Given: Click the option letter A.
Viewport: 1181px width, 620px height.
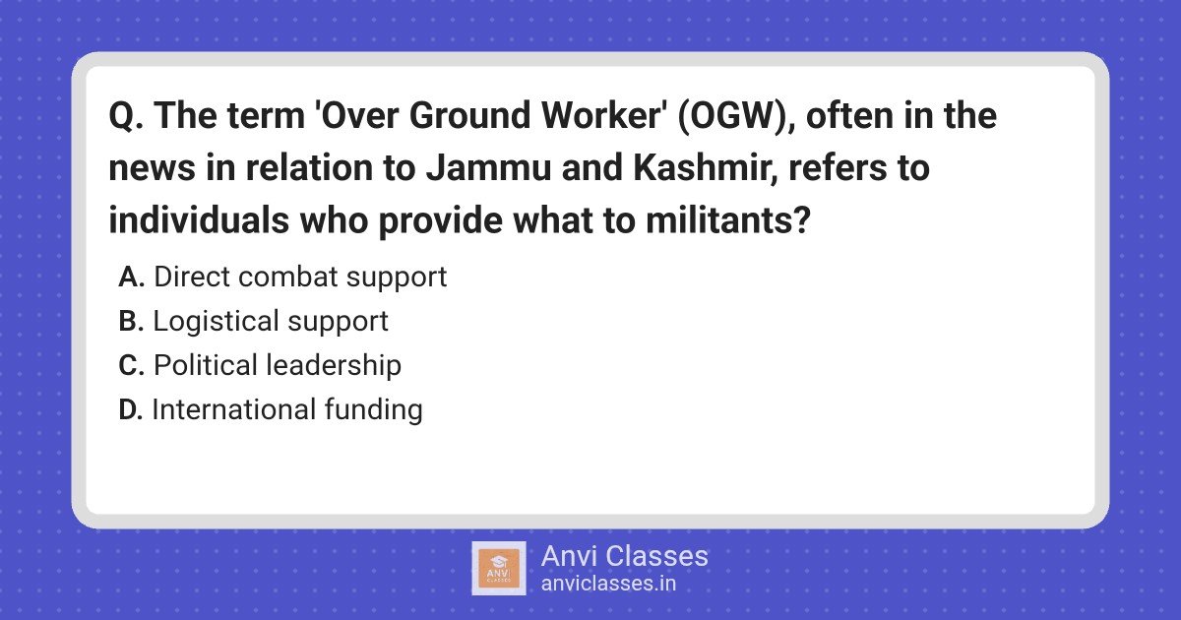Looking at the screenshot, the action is pyautogui.click(x=131, y=277).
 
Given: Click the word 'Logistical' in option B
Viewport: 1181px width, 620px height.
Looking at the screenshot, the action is pyautogui.click(x=216, y=322).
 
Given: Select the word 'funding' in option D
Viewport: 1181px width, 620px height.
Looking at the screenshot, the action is pyautogui.click(x=373, y=409).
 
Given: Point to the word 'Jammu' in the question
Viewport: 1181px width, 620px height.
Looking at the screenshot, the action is pyautogui.click(x=488, y=167).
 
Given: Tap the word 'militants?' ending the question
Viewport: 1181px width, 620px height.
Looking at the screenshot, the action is pyautogui.click(x=727, y=219).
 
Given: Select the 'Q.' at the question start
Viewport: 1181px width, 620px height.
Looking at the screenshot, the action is pyautogui.click(x=126, y=116).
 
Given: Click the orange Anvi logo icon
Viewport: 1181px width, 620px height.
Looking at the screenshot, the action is pyautogui.click(x=499, y=569).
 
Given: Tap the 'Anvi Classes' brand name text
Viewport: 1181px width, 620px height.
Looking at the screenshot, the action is pyautogui.click(x=624, y=556).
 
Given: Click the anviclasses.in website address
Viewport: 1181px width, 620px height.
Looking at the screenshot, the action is pyautogui.click(x=608, y=584).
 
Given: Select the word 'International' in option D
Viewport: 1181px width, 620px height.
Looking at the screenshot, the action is pyautogui.click(x=232, y=409).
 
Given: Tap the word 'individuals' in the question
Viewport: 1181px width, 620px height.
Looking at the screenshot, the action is pyautogui.click(x=199, y=219).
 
